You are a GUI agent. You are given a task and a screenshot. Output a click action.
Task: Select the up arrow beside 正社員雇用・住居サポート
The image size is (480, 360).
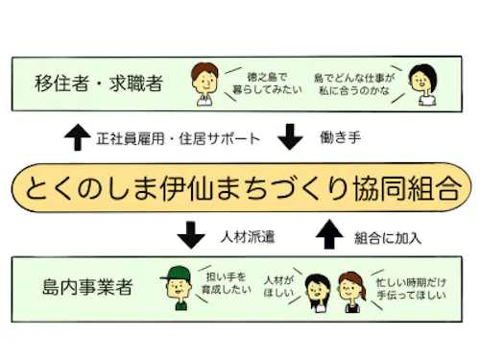(x=76, y=137)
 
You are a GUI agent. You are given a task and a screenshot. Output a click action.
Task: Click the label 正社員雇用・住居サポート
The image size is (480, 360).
(x=178, y=138)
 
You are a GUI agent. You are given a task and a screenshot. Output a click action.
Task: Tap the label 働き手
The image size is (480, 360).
(x=340, y=138)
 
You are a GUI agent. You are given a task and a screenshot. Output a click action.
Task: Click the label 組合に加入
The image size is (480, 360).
(x=388, y=234)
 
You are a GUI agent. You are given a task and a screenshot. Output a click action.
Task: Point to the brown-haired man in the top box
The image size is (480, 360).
(x=204, y=84)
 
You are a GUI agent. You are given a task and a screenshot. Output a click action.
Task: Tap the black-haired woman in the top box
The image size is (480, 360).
(x=421, y=84)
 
